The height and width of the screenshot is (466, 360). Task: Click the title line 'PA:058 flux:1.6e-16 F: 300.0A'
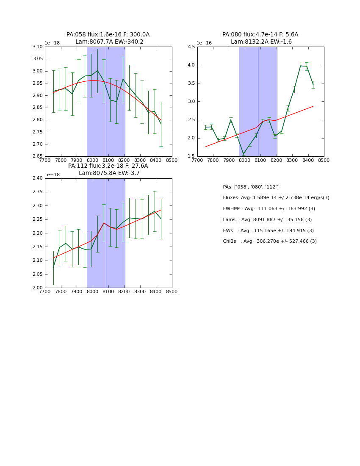[108, 35]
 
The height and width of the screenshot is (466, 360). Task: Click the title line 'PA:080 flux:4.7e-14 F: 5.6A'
[260, 35]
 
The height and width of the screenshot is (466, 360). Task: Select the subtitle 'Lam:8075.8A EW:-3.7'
[109, 173]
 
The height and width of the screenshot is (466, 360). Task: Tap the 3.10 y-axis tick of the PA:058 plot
[38, 47]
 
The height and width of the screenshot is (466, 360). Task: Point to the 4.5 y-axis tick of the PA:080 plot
[191, 47]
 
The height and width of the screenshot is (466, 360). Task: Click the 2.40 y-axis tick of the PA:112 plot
[38, 178]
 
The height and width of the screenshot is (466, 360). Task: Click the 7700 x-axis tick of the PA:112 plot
[45, 292]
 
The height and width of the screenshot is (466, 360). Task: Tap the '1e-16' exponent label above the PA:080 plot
[204, 43]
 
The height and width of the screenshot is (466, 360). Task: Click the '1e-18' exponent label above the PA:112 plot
[52, 175]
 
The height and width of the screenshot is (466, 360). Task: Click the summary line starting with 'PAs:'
[251, 187]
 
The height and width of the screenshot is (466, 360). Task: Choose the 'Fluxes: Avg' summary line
[276, 198]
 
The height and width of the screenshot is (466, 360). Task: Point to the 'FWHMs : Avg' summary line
[269, 209]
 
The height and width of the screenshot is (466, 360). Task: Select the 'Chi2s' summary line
[270, 241]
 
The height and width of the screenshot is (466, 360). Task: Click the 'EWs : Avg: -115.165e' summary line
[269, 230]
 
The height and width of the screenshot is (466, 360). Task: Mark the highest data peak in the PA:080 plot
[301, 66]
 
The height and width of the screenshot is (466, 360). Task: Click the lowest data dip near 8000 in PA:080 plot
[244, 154]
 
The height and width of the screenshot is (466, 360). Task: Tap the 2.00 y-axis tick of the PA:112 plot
[38, 288]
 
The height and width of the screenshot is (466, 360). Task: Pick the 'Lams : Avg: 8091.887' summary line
[267, 219]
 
